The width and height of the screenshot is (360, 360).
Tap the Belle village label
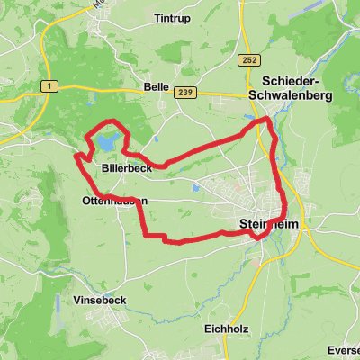tap(157, 87)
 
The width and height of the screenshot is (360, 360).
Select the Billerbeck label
tap(127, 168)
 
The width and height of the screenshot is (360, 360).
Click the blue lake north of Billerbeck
tap(107, 142)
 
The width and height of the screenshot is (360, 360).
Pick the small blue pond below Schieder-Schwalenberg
tap(248, 118)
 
